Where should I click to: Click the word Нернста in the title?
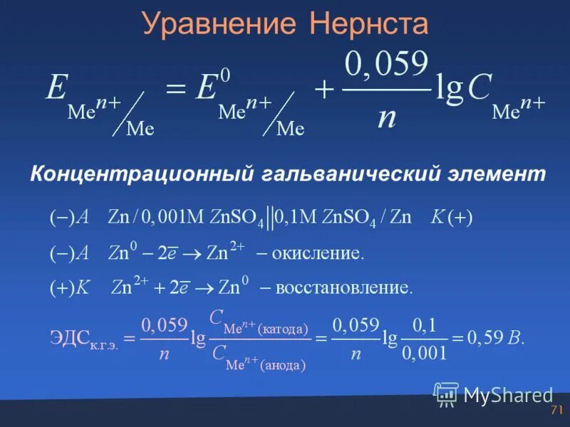point(368,23)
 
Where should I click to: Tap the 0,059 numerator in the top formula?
point(386,66)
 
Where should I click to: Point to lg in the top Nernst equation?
point(449,91)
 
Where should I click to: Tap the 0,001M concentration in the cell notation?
point(172,218)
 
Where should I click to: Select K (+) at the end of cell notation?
point(452,218)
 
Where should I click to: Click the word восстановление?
point(344,288)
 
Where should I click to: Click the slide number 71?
point(556,411)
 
